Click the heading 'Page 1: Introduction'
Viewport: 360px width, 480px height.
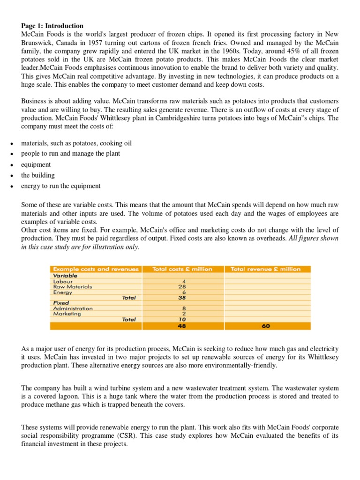[x=52, y=26]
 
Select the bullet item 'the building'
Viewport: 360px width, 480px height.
[x=37, y=175]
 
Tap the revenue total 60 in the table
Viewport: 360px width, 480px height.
[x=266, y=327]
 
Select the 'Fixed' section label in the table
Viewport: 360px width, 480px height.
[x=60, y=303]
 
